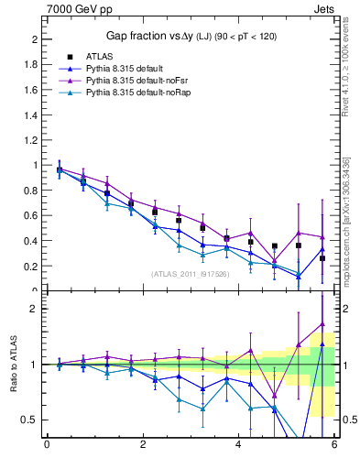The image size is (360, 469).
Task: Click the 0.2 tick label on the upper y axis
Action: (32, 267)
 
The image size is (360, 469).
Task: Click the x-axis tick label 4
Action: (239, 446)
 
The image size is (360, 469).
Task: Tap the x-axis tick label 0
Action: (47, 446)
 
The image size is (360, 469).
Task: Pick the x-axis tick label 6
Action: (334, 446)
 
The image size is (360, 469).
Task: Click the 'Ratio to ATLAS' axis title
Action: (12, 365)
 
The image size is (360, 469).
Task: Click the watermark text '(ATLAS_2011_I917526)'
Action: (191, 274)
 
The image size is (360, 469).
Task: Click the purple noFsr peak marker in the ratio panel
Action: (322, 323)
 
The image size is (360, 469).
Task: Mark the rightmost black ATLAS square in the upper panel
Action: (322, 258)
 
